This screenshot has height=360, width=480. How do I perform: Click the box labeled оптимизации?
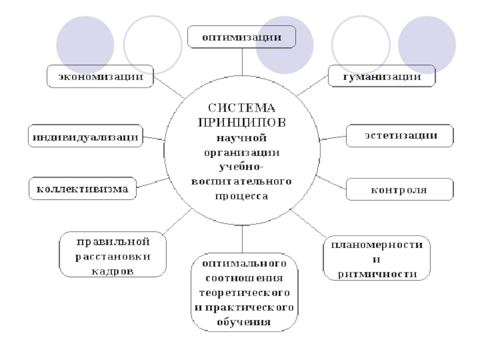[x=241, y=37]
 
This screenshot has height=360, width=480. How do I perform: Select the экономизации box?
[x=100, y=76]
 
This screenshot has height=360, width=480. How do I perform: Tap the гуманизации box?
[x=381, y=76]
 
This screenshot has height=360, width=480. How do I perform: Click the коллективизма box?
[x=83, y=188]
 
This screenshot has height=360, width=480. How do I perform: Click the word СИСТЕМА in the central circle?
[x=241, y=108]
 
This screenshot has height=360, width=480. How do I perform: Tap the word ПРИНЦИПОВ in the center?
[x=241, y=122]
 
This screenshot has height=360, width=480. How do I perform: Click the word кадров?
[x=113, y=270]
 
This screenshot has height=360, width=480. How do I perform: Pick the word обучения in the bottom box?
[x=244, y=322]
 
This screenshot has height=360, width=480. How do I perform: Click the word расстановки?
[x=113, y=256]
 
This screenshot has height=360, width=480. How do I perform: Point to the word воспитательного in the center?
[x=242, y=181]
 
